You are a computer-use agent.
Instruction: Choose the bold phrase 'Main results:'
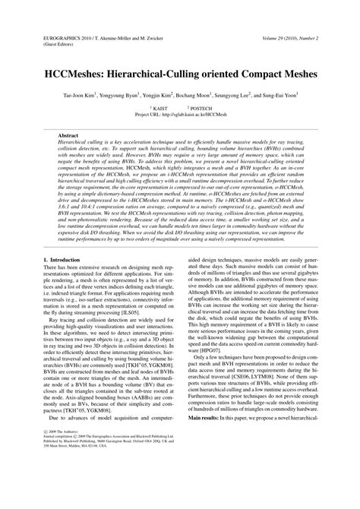[x=208, y=438]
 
